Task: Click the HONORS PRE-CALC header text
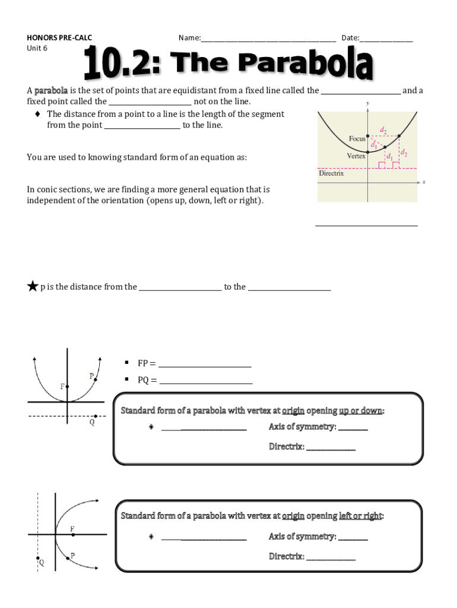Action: point(59,38)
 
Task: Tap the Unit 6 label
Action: point(37,48)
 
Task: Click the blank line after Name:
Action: point(268,39)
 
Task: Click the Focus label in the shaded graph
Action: point(357,139)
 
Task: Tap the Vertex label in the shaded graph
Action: point(356,156)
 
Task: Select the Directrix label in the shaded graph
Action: point(331,174)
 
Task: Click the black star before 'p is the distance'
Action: point(32,287)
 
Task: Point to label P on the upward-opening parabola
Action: point(91,376)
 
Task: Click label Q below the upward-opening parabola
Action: point(92,423)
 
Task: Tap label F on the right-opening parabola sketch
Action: point(72,528)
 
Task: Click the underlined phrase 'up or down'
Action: point(361,410)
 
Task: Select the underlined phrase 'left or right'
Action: point(360,515)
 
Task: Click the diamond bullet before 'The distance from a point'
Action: point(38,114)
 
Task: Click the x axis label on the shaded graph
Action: point(424,182)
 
